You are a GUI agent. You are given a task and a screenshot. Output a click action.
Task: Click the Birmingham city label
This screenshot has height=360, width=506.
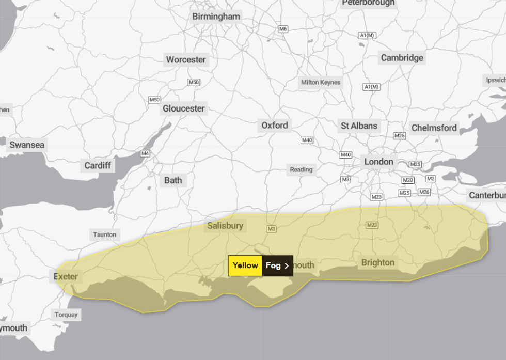pyautogui.click(x=216, y=17)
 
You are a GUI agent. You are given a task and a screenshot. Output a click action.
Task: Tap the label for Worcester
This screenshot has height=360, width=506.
pyautogui.click(x=186, y=59)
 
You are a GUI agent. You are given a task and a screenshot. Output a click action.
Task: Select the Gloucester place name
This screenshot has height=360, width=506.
pyautogui.click(x=184, y=108)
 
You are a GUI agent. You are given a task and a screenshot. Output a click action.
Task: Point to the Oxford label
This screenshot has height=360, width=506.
pyautogui.click(x=275, y=125)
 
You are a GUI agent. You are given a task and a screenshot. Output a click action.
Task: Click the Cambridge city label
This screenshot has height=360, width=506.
pyautogui.click(x=402, y=58)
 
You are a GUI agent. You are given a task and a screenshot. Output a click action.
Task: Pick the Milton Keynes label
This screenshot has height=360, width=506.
pyautogui.click(x=321, y=82)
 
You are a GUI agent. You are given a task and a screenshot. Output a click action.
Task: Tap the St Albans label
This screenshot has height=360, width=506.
pyautogui.click(x=359, y=126)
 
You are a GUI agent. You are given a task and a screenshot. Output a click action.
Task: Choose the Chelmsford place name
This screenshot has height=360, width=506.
pyautogui.click(x=434, y=128)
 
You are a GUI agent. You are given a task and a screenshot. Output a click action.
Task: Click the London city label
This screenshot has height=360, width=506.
pyautogui.click(x=378, y=162)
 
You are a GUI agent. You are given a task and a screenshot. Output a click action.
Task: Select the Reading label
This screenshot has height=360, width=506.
pyautogui.click(x=301, y=169)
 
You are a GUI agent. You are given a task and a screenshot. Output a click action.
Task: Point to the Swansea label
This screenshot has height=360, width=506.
pyautogui.click(x=27, y=145)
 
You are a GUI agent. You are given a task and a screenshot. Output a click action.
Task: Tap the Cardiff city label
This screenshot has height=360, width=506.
pyautogui.click(x=97, y=166)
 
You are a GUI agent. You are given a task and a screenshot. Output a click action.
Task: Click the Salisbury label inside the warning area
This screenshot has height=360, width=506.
pyautogui.click(x=225, y=226)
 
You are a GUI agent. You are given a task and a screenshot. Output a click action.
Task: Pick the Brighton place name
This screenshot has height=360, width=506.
pyautogui.click(x=378, y=262)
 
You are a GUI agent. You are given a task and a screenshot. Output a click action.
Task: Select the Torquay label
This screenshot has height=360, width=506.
pyautogui.click(x=66, y=315)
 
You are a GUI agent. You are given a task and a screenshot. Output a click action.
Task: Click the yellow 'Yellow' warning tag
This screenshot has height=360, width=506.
pyautogui.click(x=245, y=265)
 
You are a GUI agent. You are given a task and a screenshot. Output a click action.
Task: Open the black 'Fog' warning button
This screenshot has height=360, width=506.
pyautogui.click(x=277, y=265)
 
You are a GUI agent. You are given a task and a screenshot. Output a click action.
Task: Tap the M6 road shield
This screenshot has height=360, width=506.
pyautogui.click(x=283, y=29)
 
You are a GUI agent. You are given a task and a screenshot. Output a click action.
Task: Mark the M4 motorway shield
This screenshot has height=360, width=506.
pyautogui.click(x=145, y=153)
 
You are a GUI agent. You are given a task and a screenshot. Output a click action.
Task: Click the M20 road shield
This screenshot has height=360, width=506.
pyautogui.click(x=408, y=180)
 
